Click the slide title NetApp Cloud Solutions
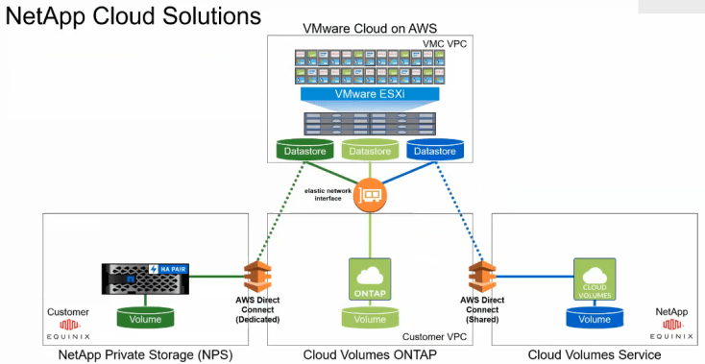pos(134,16)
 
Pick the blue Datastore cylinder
pos(434,151)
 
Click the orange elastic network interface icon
pos(369,196)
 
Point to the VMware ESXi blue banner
pos(369,95)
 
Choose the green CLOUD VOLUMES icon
pos(594,278)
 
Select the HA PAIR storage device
pos(145,279)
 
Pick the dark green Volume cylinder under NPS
pos(145,318)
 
